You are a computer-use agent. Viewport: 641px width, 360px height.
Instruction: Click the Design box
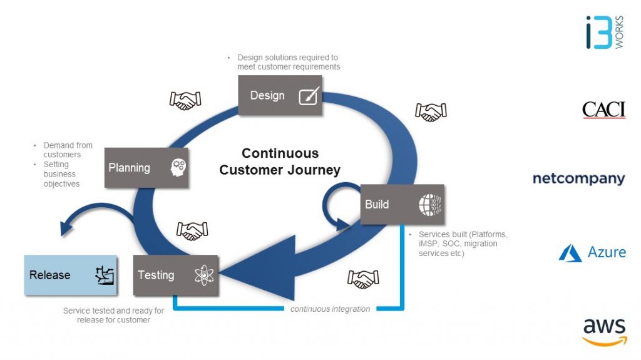pos(280,95)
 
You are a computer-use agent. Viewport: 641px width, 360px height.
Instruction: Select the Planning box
pos(146,168)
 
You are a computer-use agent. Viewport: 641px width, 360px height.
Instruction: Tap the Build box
pos(403,204)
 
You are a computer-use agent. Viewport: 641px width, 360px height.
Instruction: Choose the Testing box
pos(176,275)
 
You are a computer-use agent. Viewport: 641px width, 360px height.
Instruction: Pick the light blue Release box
pos(71,275)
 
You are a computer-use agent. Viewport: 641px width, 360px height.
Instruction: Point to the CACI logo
pos(604,110)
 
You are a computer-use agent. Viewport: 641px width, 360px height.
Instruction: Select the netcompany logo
pos(579,179)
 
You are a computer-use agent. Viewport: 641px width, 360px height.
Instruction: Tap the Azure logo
pos(592,252)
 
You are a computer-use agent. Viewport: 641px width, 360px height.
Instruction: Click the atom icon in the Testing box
pos(204,275)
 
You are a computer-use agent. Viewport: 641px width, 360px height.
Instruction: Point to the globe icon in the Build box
pos(430,205)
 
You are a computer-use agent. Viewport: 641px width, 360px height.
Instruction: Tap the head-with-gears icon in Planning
pos(178,168)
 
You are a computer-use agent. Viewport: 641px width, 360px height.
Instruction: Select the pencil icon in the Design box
pos(309,96)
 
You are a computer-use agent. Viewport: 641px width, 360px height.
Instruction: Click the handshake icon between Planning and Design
pos(185,100)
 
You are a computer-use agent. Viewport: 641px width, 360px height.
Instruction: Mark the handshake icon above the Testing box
pos(192,231)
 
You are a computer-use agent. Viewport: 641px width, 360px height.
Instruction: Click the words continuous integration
pos(331,309)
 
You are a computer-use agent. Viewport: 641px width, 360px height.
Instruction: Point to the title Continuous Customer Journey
pos(280,161)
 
